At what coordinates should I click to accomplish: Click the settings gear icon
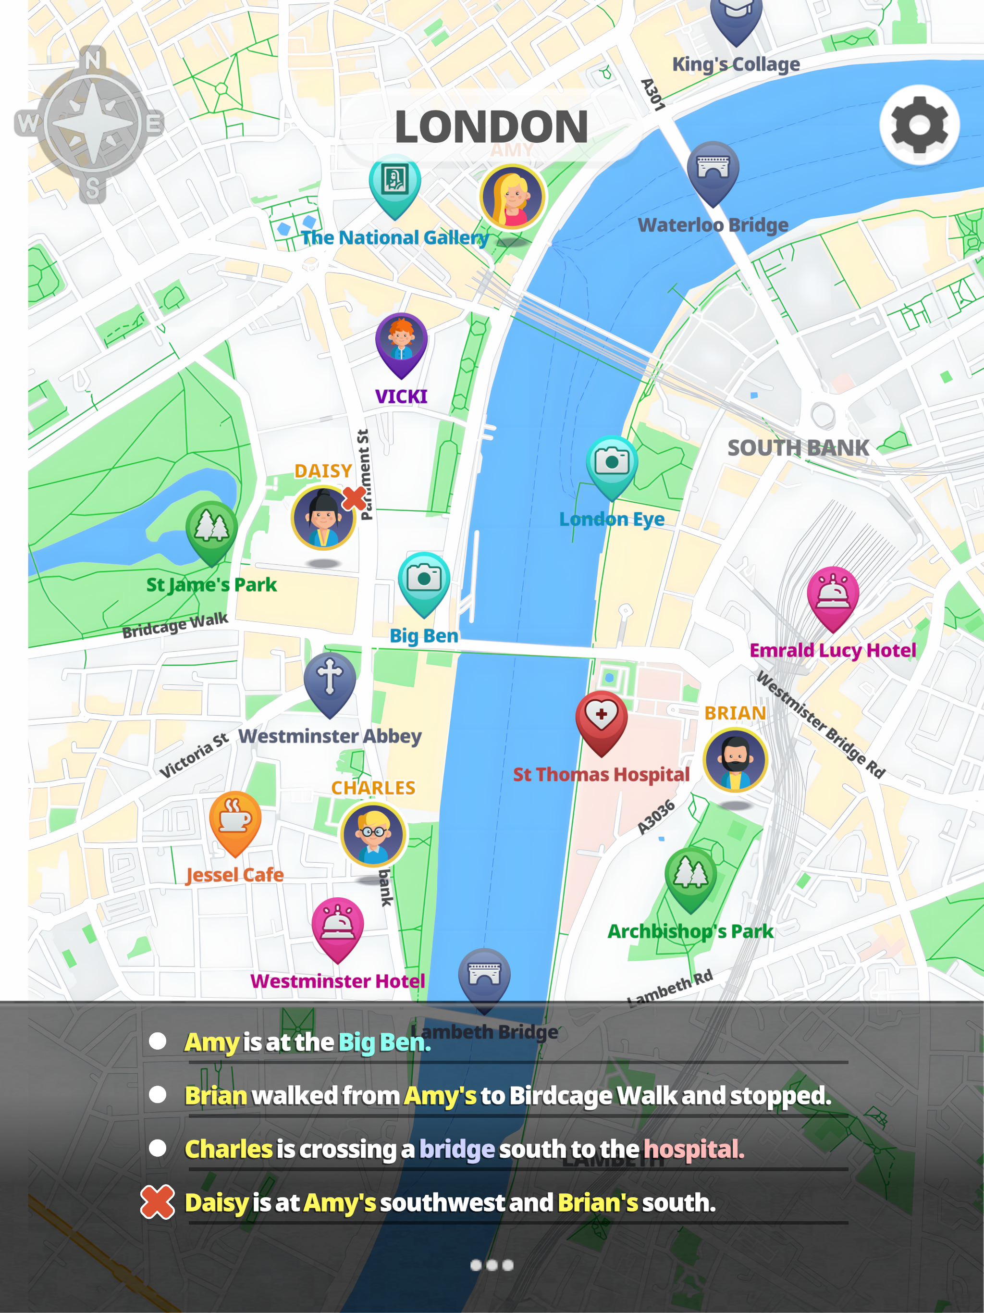tap(919, 124)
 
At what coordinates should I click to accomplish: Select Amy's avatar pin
tap(512, 197)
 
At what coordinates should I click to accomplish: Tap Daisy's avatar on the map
tap(323, 518)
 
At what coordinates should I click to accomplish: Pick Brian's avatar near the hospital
tap(735, 760)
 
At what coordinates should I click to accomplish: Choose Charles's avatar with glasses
tap(373, 834)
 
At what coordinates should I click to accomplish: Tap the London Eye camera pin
tap(612, 463)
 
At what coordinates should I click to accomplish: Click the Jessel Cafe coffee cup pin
tap(235, 818)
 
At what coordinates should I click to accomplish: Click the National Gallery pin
tap(394, 181)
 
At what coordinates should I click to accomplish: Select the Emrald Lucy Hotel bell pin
tap(833, 594)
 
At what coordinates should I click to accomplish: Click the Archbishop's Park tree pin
tap(690, 874)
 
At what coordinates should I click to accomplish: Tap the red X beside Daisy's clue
tap(157, 1202)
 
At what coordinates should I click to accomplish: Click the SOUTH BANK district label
tap(798, 448)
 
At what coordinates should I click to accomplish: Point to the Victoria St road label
tap(194, 755)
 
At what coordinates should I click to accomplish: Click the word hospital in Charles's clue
tap(693, 1149)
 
